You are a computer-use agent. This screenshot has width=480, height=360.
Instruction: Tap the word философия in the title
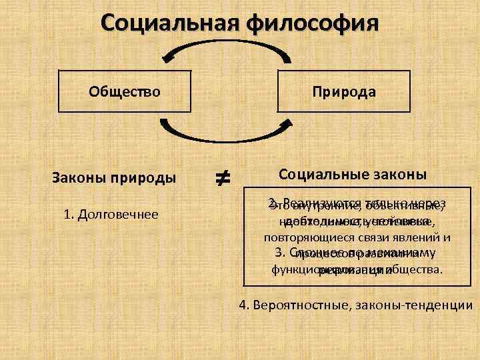pos(313,25)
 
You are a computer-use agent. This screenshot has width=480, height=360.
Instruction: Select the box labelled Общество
pos(125,91)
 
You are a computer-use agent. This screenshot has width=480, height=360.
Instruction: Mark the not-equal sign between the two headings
pos(222,178)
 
